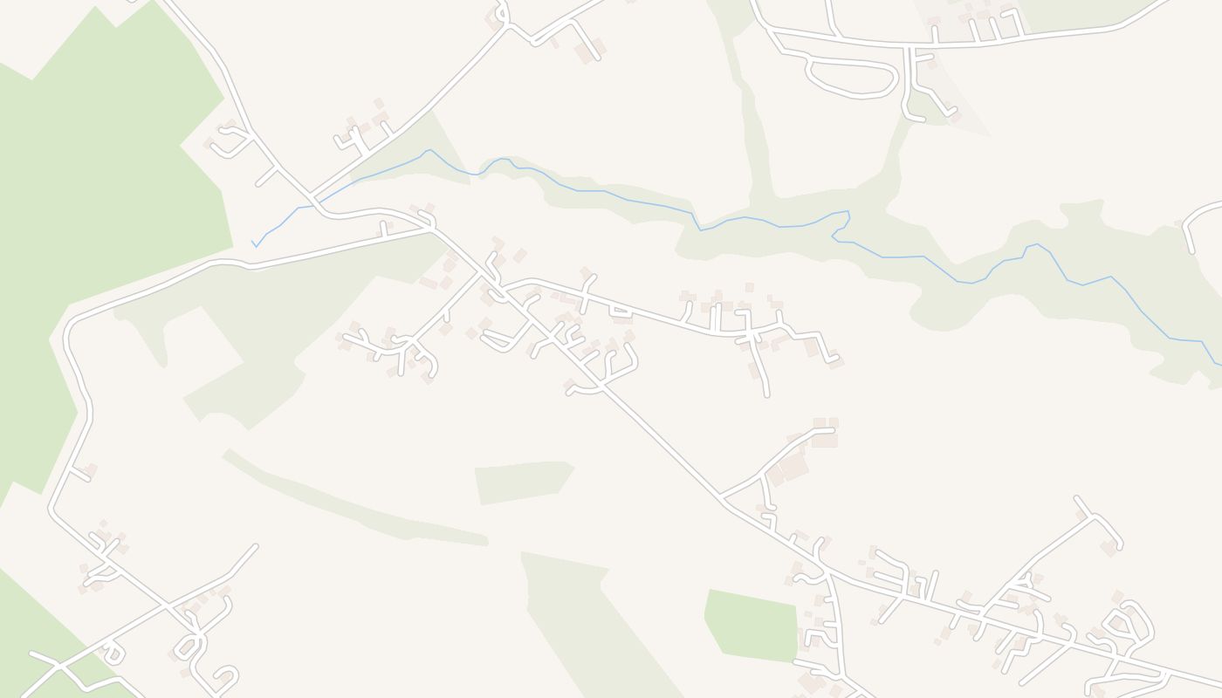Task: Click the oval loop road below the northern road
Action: point(851,79)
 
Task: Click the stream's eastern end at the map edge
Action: point(1219,363)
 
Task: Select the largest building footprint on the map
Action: point(793,466)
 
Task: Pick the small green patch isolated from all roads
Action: point(522,482)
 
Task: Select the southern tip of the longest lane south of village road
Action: point(766,394)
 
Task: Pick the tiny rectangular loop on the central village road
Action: point(621,310)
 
